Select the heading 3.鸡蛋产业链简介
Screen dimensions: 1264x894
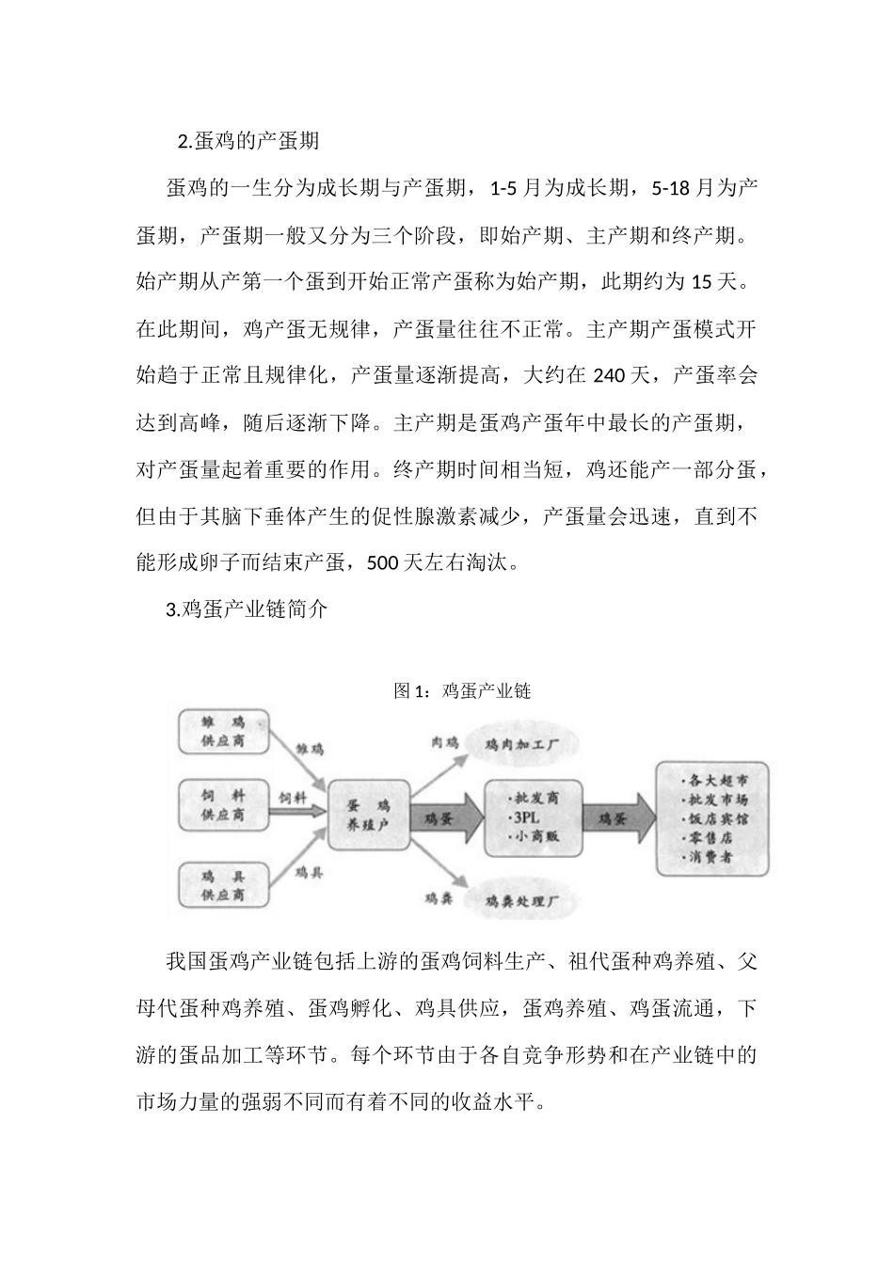click(x=247, y=609)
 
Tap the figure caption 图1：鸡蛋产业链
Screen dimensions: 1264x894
click(x=462, y=691)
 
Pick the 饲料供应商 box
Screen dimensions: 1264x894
click(x=223, y=806)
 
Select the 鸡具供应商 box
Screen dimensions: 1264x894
click(x=223, y=885)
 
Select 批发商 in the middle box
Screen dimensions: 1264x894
click(x=535, y=798)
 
